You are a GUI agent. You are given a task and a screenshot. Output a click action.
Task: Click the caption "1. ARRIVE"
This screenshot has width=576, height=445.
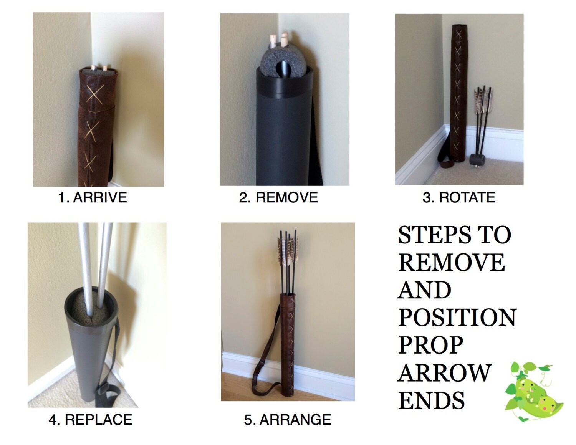tap(93, 197)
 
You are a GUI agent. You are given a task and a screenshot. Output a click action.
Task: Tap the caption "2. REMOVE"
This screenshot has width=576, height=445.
tap(278, 197)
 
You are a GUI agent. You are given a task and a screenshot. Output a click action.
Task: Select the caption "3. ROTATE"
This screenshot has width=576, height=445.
tap(459, 197)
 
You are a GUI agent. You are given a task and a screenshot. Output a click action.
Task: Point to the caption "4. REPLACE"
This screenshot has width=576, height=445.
tap(90, 419)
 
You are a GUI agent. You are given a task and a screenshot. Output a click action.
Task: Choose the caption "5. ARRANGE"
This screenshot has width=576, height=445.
tap(288, 419)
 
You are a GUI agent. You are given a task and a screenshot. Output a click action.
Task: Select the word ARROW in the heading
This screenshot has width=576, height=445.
tap(445, 372)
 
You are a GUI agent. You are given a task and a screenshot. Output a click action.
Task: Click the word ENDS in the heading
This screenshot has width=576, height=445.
tap(432, 400)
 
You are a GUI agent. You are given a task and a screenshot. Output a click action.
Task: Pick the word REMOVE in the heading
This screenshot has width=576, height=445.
tap(452, 263)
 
